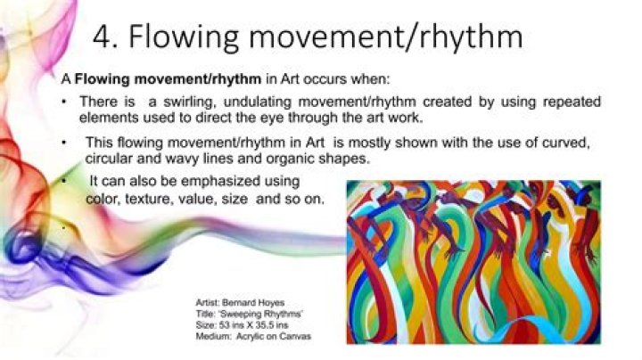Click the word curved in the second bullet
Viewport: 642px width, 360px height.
point(573,143)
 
